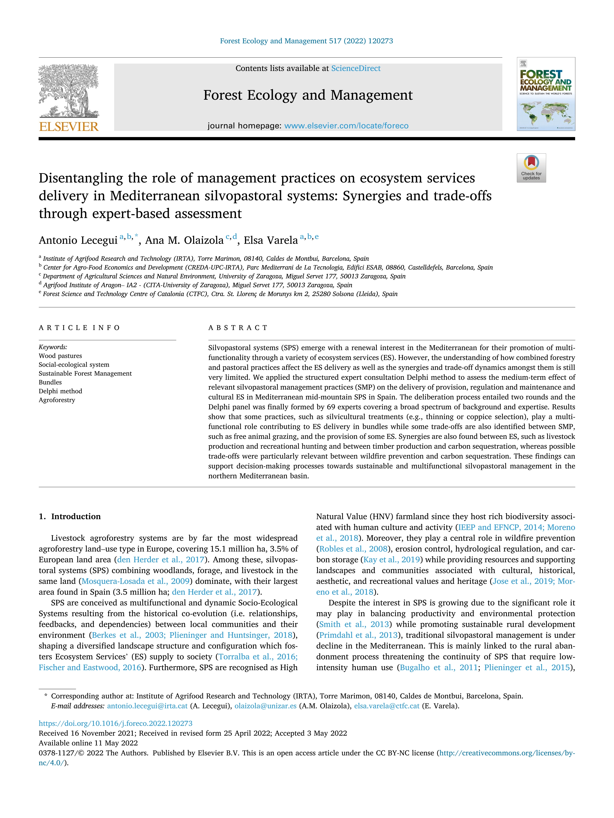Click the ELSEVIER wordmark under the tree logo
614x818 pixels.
coord(69,127)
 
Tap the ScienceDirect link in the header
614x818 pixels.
coord(356,69)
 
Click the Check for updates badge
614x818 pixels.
coord(531,168)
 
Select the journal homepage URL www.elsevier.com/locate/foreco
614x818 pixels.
coord(346,126)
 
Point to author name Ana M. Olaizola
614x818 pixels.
coord(184,240)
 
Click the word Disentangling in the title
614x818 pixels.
coord(81,178)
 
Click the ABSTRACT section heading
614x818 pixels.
coord(238,328)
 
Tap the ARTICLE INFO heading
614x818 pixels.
coord(79,328)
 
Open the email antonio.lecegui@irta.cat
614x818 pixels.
coord(147,706)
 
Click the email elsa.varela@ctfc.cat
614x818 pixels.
coord(387,706)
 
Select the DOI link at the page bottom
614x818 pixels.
coord(115,723)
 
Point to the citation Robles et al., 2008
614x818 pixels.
coord(353,549)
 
